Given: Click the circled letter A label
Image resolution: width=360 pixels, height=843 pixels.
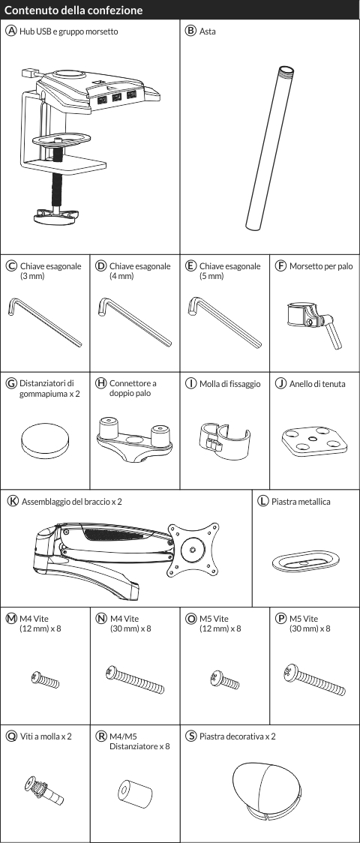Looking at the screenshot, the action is click(x=10, y=31).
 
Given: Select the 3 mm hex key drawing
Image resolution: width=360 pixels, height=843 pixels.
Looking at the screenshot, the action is click(x=44, y=322).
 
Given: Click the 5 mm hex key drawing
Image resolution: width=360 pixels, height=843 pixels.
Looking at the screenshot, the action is click(x=225, y=322).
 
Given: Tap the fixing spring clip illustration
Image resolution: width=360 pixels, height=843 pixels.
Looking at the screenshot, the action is click(x=224, y=438).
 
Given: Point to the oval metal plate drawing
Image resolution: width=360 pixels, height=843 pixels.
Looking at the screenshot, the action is click(x=304, y=560).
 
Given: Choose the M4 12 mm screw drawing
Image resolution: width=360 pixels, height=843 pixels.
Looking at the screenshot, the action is click(x=45, y=679).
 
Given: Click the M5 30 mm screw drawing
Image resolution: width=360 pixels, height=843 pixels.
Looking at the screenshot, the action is click(x=314, y=679).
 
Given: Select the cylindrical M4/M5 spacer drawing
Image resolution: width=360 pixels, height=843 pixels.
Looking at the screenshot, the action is click(x=135, y=793).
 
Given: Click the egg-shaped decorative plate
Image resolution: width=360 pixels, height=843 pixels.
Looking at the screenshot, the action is click(x=265, y=787).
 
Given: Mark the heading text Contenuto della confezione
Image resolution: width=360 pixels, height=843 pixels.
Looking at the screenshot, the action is click(x=73, y=10).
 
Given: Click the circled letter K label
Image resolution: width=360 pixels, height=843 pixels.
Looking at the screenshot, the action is click(x=13, y=501).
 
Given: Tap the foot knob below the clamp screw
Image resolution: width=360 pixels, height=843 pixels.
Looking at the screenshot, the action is click(x=55, y=216).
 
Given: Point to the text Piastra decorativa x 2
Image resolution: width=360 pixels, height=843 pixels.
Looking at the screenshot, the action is click(x=237, y=736).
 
